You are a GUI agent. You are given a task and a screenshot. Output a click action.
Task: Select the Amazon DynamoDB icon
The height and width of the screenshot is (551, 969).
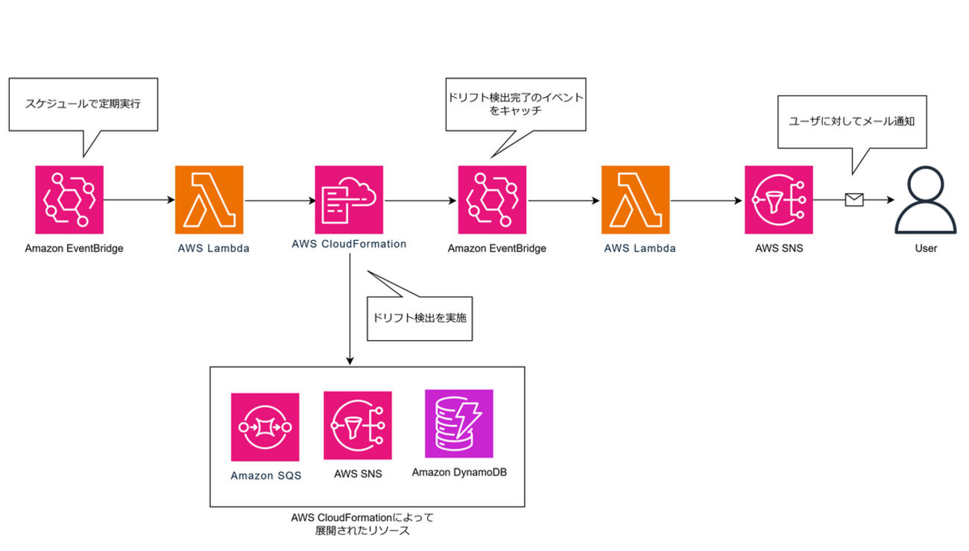tap(458, 424)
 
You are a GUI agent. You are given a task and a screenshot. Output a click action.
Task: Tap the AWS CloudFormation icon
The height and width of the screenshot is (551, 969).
tap(350, 199)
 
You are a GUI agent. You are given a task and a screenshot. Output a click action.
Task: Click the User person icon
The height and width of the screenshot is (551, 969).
tap(927, 199)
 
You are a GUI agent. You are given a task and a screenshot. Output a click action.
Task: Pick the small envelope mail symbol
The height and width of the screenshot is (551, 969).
tap(853, 199)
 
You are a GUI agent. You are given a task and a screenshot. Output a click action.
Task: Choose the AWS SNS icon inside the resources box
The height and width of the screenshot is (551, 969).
tap(358, 426)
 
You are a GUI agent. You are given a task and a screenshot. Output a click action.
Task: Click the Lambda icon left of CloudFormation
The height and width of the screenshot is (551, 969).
tap(209, 199)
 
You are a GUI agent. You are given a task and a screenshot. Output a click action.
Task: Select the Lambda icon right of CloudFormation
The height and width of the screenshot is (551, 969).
tap(636, 199)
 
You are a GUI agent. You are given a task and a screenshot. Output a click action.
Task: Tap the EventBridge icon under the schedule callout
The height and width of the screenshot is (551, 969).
tap(69, 199)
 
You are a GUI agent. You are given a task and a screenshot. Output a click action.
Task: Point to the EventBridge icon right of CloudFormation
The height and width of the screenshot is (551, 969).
tap(493, 199)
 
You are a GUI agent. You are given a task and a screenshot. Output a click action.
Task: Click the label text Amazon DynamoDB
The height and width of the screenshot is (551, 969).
tap(458, 472)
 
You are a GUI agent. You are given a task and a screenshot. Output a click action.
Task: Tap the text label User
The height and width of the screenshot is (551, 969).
tap(927, 248)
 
